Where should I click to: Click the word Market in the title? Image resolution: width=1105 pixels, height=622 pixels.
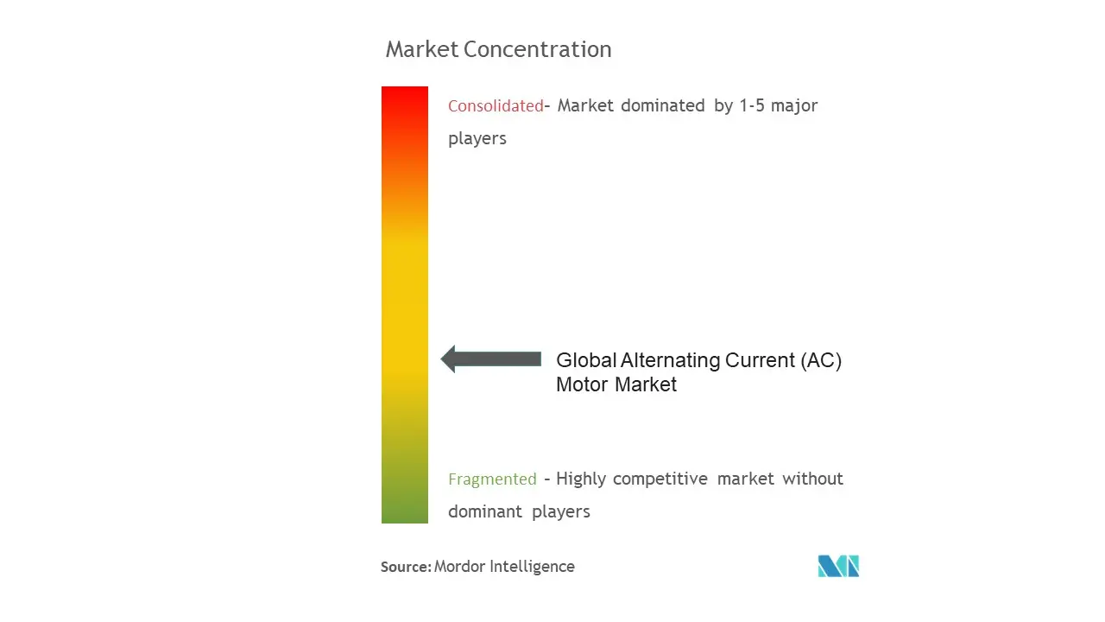422,49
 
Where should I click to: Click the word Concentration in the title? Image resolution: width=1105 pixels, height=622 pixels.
538,49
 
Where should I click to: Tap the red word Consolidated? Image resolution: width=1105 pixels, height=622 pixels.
496,105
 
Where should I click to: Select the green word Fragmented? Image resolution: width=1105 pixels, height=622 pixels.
492,479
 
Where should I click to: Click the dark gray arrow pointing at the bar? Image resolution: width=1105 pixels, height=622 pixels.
491,359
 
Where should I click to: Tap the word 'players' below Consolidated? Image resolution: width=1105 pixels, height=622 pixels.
477,139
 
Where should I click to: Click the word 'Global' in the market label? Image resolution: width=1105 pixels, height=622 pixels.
586,360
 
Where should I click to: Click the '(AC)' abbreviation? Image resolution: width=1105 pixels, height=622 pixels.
821,360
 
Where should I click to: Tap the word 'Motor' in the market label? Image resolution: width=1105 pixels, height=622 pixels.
583,384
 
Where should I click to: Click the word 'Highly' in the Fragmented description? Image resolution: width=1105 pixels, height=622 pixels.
581,479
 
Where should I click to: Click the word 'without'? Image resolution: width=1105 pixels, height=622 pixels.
813,479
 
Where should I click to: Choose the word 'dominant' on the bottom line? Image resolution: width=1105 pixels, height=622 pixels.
485,511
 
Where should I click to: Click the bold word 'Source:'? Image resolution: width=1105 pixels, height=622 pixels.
406,567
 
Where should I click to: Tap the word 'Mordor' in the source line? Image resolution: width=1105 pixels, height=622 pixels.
458,567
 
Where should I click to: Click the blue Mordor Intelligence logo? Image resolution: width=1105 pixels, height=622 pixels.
838,566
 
